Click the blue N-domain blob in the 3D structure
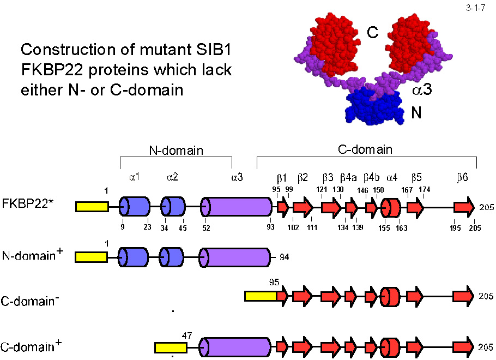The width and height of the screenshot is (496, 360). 373,106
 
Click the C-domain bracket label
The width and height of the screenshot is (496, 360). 366,148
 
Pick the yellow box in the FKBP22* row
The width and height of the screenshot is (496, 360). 92,207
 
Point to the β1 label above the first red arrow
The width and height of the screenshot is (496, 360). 282,177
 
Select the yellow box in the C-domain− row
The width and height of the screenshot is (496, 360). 261,296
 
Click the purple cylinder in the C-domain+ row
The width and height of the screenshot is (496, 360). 235,347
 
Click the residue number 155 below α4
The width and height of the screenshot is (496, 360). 385,228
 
